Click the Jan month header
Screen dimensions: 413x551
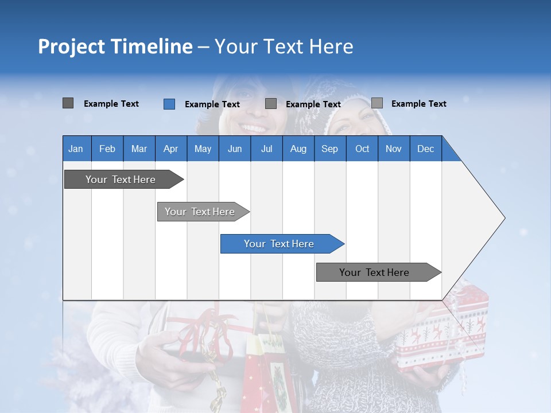[76, 149]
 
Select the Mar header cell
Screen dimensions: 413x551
[139, 149]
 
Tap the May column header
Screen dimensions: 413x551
[203, 149]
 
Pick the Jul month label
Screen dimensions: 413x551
[266, 149]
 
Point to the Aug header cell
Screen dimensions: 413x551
[298, 149]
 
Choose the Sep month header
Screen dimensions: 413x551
[329, 149]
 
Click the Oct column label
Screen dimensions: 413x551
[362, 149]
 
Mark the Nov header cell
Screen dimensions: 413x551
[393, 149]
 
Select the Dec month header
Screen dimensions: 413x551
[425, 149]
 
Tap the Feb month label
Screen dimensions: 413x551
[107, 149]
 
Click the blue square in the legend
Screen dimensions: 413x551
[169, 104]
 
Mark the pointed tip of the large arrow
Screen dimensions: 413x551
[504, 218]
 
